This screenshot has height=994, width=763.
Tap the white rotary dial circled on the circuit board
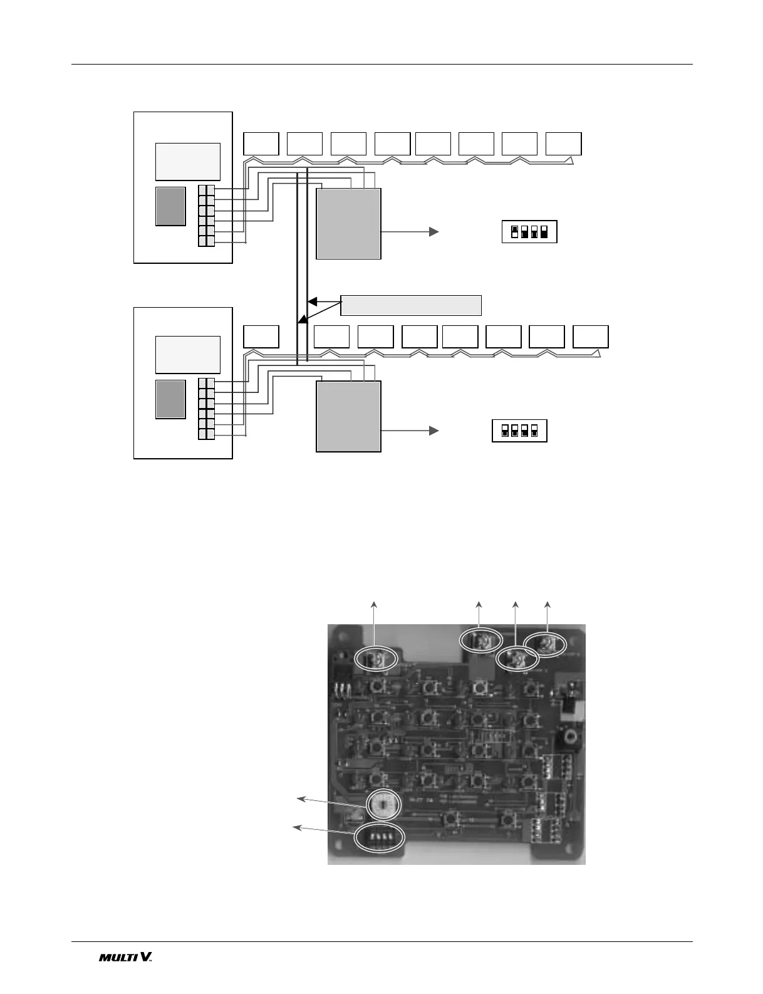click(380, 804)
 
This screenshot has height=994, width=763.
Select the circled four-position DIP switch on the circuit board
click(380, 837)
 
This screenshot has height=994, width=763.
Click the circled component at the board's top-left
click(376, 658)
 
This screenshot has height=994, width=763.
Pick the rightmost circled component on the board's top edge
click(544, 645)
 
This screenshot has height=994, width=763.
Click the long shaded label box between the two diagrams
click(411, 305)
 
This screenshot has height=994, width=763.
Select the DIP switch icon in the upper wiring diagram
click(529, 232)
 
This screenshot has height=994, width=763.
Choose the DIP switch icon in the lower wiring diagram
click(519, 431)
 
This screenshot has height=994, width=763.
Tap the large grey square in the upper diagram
click(348, 224)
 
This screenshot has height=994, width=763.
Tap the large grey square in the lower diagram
click(348, 416)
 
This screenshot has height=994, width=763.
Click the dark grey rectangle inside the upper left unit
click(170, 206)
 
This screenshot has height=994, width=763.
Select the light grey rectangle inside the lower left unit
click(188, 354)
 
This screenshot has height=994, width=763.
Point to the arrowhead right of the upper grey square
click(433, 232)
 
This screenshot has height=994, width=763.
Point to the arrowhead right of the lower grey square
click(433, 431)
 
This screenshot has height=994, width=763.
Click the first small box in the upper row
click(261, 144)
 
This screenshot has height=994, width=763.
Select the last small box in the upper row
click(563, 144)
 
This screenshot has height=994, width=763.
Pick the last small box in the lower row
click(590, 337)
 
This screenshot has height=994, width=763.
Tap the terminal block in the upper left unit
click(206, 215)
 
